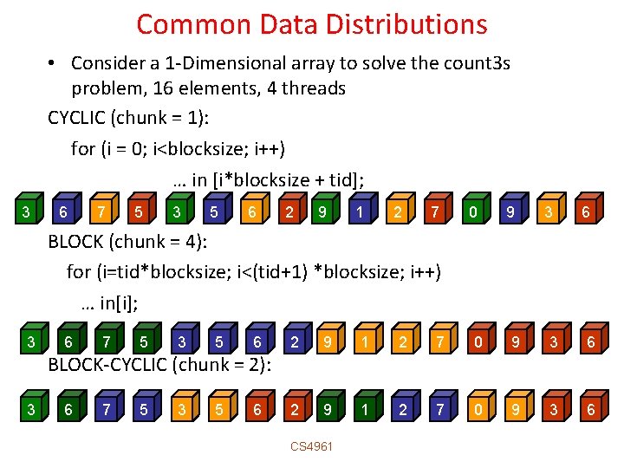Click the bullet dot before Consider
tap(54, 63)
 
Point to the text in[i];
tap(109, 303)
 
